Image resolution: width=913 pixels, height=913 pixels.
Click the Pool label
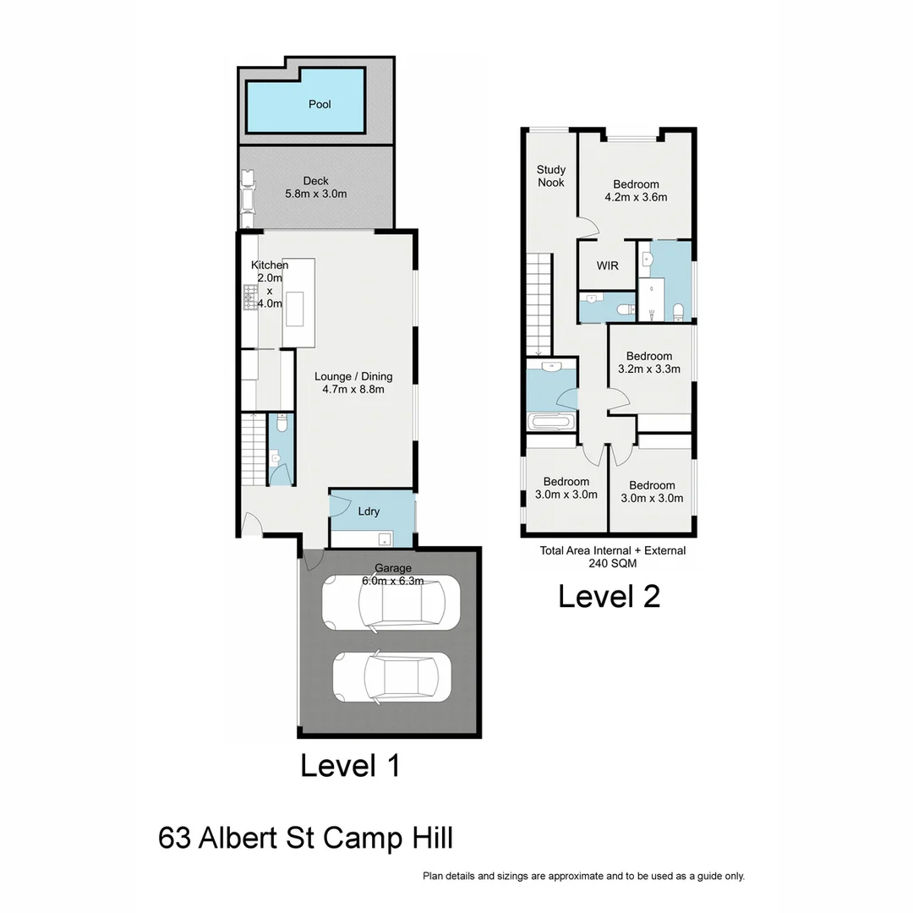(320, 105)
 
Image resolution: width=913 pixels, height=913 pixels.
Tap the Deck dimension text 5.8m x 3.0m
(315, 194)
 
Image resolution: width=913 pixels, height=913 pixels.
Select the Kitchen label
(270, 265)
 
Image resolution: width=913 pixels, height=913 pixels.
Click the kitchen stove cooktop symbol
(250, 298)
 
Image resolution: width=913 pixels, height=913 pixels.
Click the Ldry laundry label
(369, 511)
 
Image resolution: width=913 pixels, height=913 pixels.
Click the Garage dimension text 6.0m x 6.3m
(392, 581)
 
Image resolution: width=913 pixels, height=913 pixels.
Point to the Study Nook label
(551, 176)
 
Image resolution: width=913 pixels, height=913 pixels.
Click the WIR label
(607, 265)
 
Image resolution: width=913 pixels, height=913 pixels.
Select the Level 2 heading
(609, 596)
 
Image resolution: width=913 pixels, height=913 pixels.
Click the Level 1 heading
(350, 766)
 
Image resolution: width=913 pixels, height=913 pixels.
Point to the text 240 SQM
(613, 563)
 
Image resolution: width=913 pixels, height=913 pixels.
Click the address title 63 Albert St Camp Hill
(305, 839)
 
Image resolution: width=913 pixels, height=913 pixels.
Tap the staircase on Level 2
(538, 305)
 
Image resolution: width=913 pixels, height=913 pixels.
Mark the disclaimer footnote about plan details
(583, 877)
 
